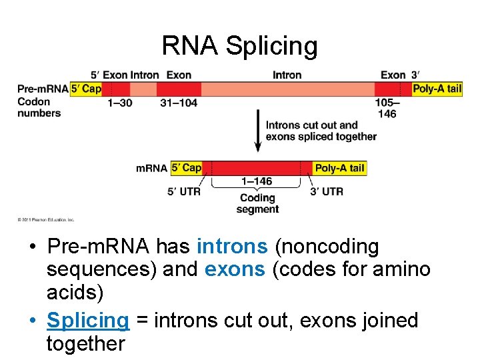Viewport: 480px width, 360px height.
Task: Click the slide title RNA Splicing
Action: (239, 46)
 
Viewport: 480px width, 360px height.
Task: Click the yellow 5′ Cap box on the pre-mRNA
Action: (86, 89)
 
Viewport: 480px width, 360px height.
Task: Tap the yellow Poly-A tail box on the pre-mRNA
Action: (437, 89)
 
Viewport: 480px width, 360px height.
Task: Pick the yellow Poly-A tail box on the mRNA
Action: (339, 168)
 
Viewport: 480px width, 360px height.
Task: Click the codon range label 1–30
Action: (121, 103)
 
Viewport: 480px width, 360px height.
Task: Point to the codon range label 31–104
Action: (179, 103)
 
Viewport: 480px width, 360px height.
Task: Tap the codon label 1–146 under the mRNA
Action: (257, 181)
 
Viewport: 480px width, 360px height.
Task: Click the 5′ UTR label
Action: (183, 191)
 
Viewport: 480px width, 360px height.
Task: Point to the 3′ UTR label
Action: (327, 191)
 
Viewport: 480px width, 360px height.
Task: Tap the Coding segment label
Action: (257, 203)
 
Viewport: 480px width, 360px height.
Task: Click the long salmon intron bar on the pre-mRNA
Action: (287, 89)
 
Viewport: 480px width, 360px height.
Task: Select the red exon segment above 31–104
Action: (179, 89)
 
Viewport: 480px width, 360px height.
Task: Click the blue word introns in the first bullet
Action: (232, 247)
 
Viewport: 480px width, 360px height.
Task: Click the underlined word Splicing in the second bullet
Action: (87, 320)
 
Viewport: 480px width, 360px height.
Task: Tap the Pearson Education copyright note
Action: (46, 219)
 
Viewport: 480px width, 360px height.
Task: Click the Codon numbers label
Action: (39, 107)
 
